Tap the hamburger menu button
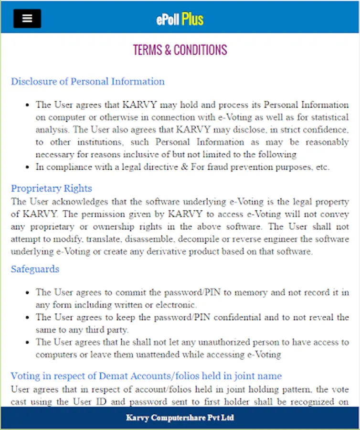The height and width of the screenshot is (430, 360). [x=27, y=19]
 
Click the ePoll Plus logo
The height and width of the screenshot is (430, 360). [x=180, y=19]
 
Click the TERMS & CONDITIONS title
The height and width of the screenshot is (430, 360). [x=180, y=50]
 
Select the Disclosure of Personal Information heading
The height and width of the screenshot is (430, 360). [x=88, y=81]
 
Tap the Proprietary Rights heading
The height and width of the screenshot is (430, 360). [x=52, y=188]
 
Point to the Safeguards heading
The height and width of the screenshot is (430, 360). [x=35, y=269]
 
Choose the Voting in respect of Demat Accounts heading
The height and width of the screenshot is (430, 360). [x=146, y=376]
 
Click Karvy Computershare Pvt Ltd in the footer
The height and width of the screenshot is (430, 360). [x=180, y=418]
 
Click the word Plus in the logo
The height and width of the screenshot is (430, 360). [x=192, y=19]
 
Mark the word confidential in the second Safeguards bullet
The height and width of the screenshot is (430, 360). [x=232, y=317]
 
